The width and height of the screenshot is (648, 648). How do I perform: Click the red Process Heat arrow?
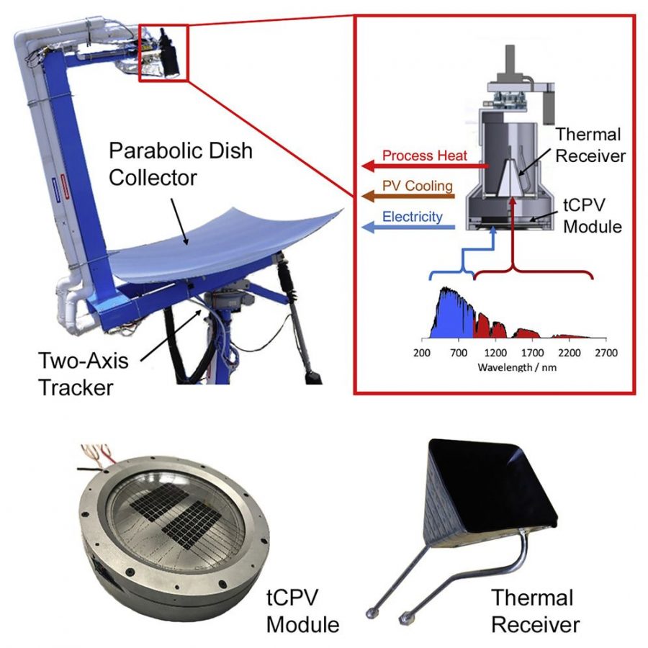click(425, 166)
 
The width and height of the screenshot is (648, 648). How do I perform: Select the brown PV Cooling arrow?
click(408, 197)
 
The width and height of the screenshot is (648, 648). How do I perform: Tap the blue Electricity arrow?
click(408, 227)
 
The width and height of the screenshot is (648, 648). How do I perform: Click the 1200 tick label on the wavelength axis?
click(495, 353)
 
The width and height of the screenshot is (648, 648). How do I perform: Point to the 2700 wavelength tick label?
click(606, 353)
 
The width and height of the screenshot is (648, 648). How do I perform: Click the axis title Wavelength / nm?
click(517, 367)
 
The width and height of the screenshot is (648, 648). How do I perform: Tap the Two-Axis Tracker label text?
click(83, 374)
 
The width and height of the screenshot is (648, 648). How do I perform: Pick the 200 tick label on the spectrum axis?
click(421, 353)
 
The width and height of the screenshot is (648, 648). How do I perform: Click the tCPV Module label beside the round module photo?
click(302, 611)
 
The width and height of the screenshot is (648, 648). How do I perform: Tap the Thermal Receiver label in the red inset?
click(590, 145)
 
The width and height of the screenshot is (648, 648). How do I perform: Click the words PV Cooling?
click(418, 186)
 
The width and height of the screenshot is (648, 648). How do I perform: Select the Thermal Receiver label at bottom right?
click(536, 611)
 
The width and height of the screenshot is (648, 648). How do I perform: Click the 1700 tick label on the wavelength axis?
click(532, 353)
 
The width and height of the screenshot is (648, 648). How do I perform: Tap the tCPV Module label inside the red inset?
click(592, 216)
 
